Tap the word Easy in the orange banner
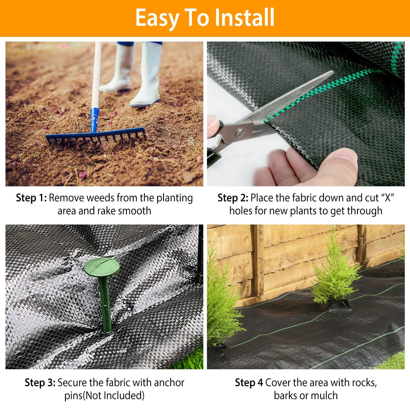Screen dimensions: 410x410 pos(156,17)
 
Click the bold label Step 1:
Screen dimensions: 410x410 pos(31,198)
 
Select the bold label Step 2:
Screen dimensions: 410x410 pos(233,198)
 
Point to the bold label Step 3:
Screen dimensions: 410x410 pos(40,383)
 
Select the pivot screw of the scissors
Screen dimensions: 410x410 pos(240,133)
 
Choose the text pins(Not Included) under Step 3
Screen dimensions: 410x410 pos(104,396)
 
